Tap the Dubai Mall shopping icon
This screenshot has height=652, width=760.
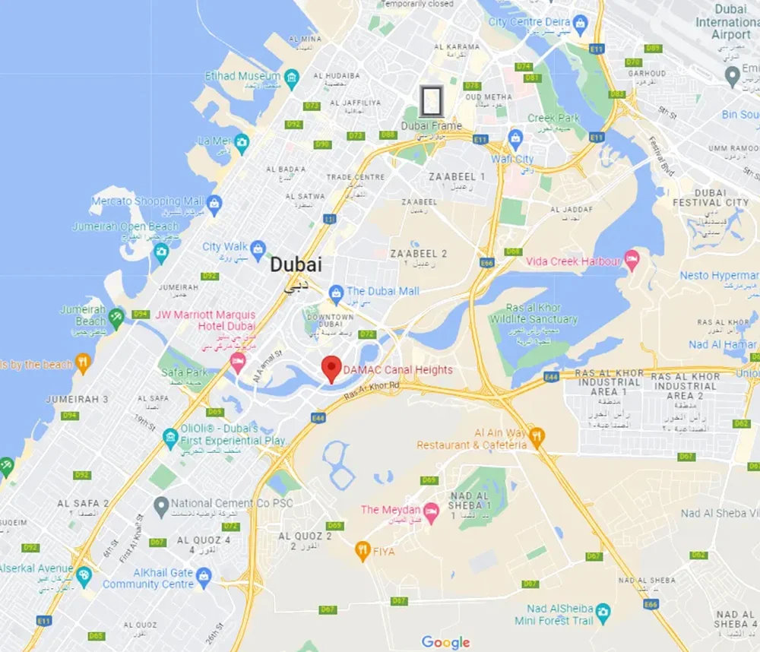tap(336, 292)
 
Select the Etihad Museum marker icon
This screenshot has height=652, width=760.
tap(292, 78)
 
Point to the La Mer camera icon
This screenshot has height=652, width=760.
tap(242, 141)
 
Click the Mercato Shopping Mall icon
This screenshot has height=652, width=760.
tap(214, 202)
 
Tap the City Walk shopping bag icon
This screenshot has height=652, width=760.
tap(258, 247)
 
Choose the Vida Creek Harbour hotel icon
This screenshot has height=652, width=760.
tap(632, 261)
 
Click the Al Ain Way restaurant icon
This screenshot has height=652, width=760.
tap(537, 436)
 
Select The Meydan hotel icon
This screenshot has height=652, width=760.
tap(431, 510)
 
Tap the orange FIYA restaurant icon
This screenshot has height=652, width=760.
tap(363, 549)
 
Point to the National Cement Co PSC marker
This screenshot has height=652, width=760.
tap(160, 504)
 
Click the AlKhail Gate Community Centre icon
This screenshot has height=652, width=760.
tap(203, 578)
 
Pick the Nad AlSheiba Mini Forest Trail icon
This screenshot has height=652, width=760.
tap(603, 612)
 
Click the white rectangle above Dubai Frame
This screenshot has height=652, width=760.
tap(432, 101)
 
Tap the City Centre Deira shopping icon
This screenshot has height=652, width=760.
tap(581, 23)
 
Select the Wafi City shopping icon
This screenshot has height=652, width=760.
tap(516, 138)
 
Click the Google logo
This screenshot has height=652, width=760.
tap(446, 642)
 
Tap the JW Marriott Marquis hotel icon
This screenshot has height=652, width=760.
tap(239, 361)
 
